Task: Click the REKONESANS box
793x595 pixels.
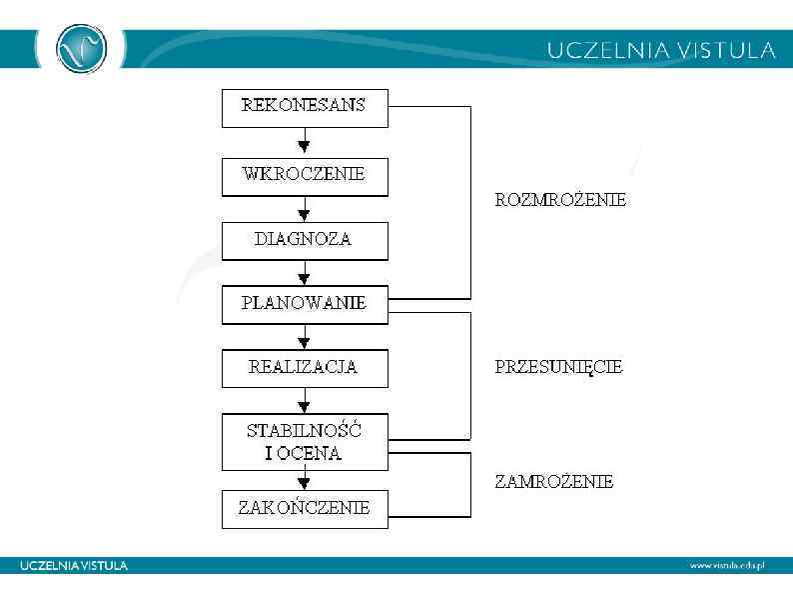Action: pyautogui.click(x=304, y=107)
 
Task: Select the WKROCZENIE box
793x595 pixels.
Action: pyautogui.click(x=304, y=175)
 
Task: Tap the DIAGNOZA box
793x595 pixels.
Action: pyautogui.click(x=304, y=241)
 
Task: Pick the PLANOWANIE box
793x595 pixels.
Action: pyautogui.click(x=304, y=305)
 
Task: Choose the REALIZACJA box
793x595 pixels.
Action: pyautogui.click(x=304, y=368)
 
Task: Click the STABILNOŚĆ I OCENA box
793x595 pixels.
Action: pyautogui.click(x=304, y=442)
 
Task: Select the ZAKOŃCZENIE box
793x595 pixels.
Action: pyautogui.click(x=304, y=508)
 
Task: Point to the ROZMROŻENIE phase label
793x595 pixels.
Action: pyautogui.click(x=560, y=200)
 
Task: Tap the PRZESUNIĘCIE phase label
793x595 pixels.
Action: pyautogui.click(x=558, y=367)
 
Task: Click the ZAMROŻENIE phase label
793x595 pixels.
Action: pyautogui.click(x=553, y=482)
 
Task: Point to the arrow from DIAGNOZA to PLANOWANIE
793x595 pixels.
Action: pyautogui.click(x=305, y=273)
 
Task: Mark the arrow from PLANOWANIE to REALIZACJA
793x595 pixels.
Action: pyautogui.click(x=305, y=337)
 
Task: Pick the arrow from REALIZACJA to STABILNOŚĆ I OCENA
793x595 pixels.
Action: pyautogui.click(x=305, y=401)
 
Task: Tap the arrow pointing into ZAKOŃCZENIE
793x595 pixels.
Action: pyautogui.click(x=305, y=479)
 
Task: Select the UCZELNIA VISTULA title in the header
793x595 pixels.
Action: pyautogui.click(x=661, y=50)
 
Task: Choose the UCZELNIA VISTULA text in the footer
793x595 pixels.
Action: pyautogui.click(x=74, y=566)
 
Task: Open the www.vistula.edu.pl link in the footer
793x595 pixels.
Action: pyautogui.click(x=726, y=566)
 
